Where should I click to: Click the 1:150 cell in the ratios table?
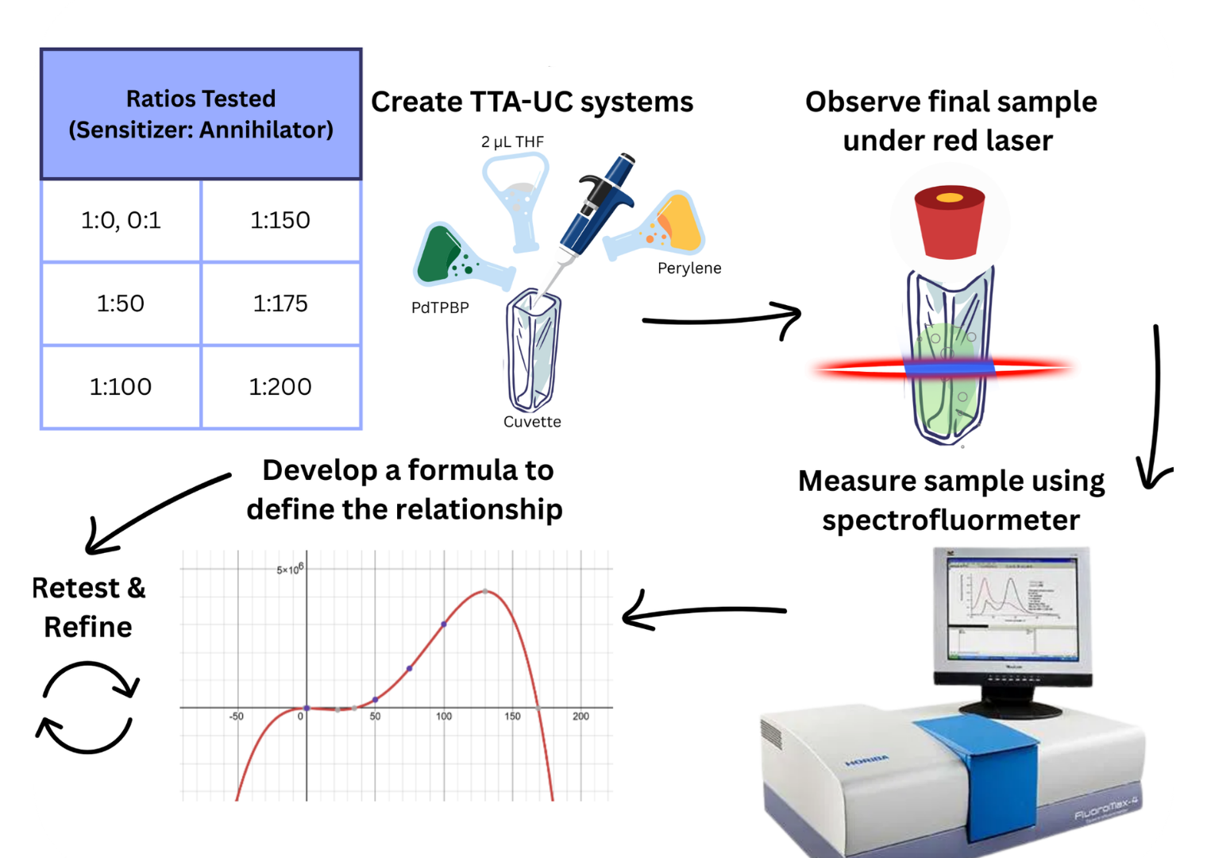point(280,220)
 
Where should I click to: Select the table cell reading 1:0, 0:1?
point(121,220)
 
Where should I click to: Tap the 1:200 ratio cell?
point(280,387)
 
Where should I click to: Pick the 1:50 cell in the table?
point(121,303)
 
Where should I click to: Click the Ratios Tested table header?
point(201,114)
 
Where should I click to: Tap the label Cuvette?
point(532,422)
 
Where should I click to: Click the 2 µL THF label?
point(512,142)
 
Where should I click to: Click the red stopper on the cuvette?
point(949,222)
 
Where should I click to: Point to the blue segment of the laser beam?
point(949,368)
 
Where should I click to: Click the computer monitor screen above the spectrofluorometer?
point(1012,609)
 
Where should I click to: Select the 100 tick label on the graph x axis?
point(444,717)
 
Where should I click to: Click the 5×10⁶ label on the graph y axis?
point(289,570)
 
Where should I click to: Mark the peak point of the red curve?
point(486,592)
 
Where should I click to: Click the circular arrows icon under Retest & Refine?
point(87,708)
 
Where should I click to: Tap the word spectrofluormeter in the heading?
point(951,520)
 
